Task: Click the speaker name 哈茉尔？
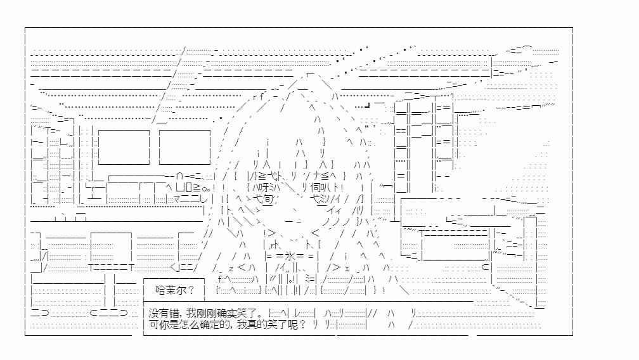click(x=175, y=290)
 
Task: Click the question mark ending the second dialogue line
click(x=302, y=325)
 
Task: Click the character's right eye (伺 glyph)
click(x=316, y=188)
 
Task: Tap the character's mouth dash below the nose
click(x=294, y=222)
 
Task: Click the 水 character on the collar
click(x=290, y=257)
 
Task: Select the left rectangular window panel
click(x=124, y=147)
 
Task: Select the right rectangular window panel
click(x=184, y=147)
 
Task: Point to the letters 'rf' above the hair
click(x=258, y=97)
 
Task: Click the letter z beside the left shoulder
click(x=231, y=268)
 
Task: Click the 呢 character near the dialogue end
click(x=293, y=325)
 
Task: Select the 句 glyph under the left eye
click(x=268, y=199)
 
